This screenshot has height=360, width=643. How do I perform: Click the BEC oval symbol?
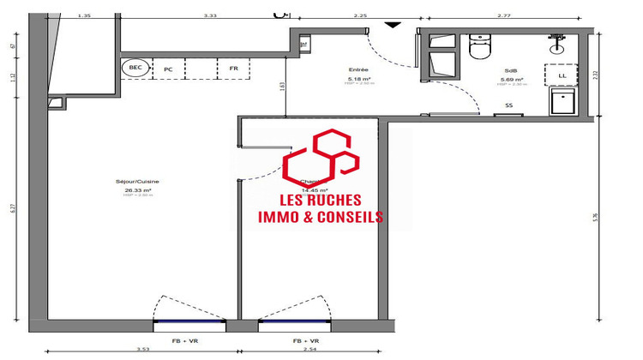point(135,68)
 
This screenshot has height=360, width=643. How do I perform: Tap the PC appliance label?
point(169,68)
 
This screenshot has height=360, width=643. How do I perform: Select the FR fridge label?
point(233,68)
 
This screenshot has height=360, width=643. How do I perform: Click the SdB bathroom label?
point(510,70)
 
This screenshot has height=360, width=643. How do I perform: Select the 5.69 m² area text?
point(510,80)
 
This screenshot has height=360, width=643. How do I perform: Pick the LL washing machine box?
point(562,75)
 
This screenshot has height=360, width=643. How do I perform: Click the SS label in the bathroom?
point(509,105)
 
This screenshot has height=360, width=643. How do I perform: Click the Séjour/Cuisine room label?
point(137,182)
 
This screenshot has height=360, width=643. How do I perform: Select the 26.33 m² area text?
point(137,190)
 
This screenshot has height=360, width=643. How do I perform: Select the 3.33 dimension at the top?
point(209,15)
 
